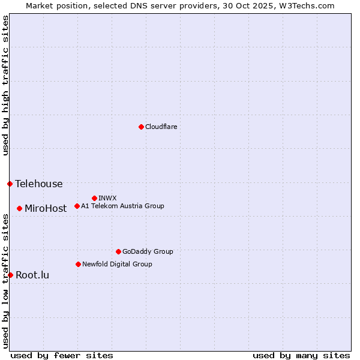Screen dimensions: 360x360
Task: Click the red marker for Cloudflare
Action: pos(141,127)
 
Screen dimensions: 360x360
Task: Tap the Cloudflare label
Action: pos(161,127)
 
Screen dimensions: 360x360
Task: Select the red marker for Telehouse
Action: pos(10,184)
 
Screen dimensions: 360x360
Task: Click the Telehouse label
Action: pos(38,184)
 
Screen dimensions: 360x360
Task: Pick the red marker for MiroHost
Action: pos(19,208)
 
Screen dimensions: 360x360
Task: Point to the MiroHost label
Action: pos(46,209)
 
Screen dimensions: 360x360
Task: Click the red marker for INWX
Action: pos(94,198)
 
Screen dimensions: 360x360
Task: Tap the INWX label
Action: pos(107,198)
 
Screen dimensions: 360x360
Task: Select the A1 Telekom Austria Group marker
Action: pos(77,206)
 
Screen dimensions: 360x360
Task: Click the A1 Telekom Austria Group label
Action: pos(122,206)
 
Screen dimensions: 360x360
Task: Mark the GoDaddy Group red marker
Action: pos(118,251)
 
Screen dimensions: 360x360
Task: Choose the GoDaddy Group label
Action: pos(148,252)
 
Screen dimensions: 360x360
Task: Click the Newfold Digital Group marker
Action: pos(78,264)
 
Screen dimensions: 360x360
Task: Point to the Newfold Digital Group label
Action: pos(117,264)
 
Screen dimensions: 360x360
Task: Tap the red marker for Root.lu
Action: pos(10,275)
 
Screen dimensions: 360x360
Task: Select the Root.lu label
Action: pos(32,275)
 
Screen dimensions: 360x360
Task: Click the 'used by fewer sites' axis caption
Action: pos(62,355)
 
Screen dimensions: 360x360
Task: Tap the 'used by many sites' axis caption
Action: pos(301,355)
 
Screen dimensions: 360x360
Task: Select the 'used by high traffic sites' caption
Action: pos(5,85)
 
